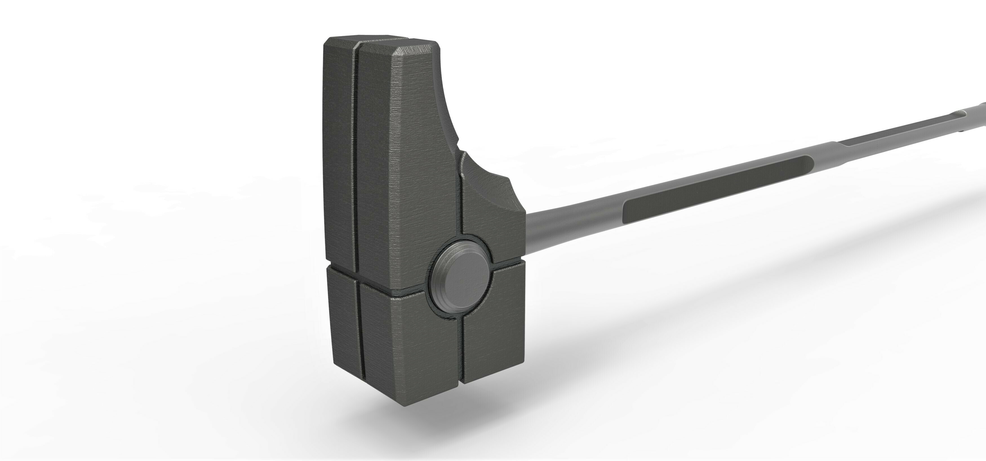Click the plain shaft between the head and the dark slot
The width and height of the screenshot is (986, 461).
coord(574,220)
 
